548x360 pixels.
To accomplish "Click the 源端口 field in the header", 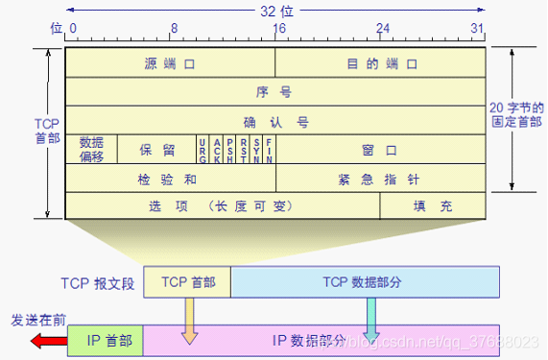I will pyautogui.click(x=170, y=64).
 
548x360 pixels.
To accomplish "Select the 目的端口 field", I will pyautogui.click(x=381, y=64).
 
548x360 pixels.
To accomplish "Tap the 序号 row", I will pyautogui.click(x=274, y=92).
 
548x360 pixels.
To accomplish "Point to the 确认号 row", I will pyautogui.click(x=274, y=121).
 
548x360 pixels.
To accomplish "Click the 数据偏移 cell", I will pyautogui.click(x=91, y=149).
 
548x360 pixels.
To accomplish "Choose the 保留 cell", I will pyautogui.click(x=156, y=150).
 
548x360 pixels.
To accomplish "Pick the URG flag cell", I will pyautogui.click(x=203, y=149).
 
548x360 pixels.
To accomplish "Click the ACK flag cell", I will pyautogui.click(x=216, y=149).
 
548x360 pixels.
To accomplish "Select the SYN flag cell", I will pyautogui.click(x=256, y=149).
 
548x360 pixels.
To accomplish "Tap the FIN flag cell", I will pyautogui.click(x=269, y=149).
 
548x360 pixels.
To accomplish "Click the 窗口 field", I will pyautogui.click(x=381, y=150).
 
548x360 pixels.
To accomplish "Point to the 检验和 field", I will pyautogui.click(x=170, y=179).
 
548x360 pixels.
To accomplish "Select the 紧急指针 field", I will pyautogui.click(x=381, y=179).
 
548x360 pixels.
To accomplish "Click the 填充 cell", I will pyautogui.click(x=433, y=206).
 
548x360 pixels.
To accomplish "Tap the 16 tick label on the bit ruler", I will pyautogui.click(x=278, y=29).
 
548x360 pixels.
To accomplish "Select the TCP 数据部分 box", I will pyautogui.click(x=365, y=281).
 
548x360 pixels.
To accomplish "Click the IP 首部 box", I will pyautogui.click(x=107, y=339).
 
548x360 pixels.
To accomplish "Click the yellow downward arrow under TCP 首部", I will pyautogui.click(x=189, y=320).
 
